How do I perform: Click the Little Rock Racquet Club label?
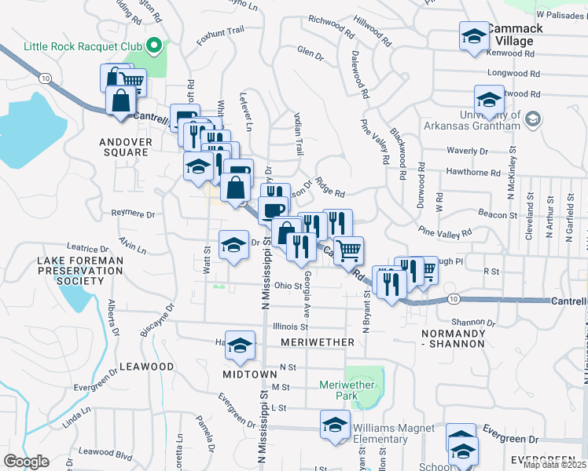pos(83,46)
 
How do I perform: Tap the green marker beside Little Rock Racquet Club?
pos(154,46)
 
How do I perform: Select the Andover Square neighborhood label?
pos(113,147)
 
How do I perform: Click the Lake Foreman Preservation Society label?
pos(80,270)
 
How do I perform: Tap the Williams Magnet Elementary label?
pos(393,434)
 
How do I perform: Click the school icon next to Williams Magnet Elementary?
pos(336,425)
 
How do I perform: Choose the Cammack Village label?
pos(515,35)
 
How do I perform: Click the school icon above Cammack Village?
pos(474,36)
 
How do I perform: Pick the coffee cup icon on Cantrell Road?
pos(273,210)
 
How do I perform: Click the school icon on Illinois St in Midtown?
pos(241,345)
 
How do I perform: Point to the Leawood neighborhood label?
pos(146,367)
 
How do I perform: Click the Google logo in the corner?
pos(26,462)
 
